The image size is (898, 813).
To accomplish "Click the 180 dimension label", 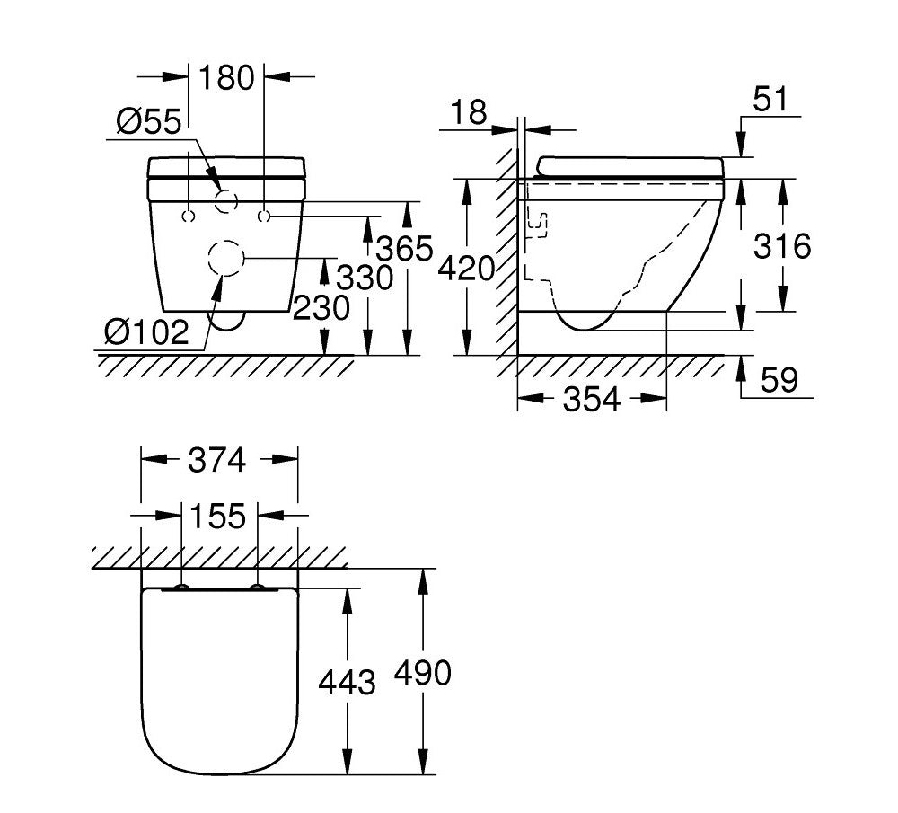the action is (x=226, y=78).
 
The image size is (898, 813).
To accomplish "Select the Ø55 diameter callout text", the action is (x=149, y=121).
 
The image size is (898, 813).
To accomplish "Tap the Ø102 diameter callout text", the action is (x=146, y=331).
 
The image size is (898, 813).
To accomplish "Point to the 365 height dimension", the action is (x=404, y=249).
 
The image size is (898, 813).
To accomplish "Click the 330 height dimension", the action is (x=365, y=278).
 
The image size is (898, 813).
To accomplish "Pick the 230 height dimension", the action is (x=321, y=307).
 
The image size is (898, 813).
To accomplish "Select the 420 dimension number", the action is (x=466, y=268).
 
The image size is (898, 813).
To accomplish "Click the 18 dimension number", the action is (x=469, y=111).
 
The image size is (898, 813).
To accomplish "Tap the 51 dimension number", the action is (x=770, y=99).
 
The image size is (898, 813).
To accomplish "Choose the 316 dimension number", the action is (x=782, y=246).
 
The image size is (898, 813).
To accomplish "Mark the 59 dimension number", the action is (x=779, y=379).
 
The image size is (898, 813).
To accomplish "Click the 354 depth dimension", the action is (x=592, y=399).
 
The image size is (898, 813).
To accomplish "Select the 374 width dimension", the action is (x=217, y=460).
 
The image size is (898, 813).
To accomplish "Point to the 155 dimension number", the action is (x=217, y=516).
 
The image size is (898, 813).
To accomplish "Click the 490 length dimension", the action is (x=423, y=673).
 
